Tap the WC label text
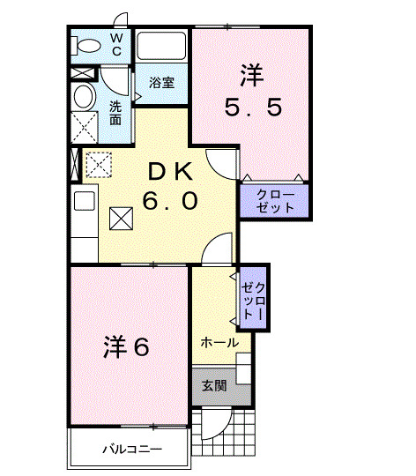click(116, 45)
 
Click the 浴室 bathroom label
click(160, 84)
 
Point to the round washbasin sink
click(84, 96)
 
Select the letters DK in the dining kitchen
click(169, 171)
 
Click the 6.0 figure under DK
click(169, 201)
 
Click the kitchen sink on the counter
click(84, 200)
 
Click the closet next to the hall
click(252, 299)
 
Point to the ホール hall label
click(218, 343)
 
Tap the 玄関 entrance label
click(214, 385)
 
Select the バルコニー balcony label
click(130, 450)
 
